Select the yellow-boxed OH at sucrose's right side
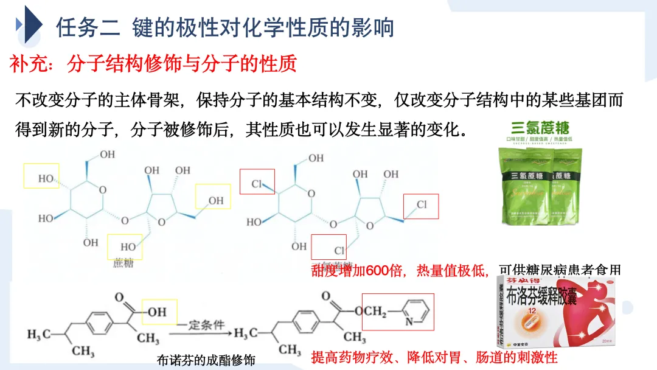pos(215,200)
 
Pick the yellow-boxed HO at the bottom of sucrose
pos(128,247)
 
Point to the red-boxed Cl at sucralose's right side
pos(421,204)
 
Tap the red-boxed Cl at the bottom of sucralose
pos(339,250)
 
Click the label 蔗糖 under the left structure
pos(123,263)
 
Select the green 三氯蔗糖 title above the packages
pos(540,128)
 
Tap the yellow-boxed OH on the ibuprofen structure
pos(157,312)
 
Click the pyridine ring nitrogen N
pos(406,321)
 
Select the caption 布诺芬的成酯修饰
pos(205,360)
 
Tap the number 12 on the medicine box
pos(531,312)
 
